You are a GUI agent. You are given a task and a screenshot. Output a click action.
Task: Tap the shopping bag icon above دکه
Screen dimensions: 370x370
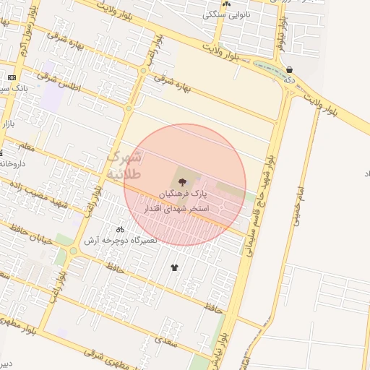pos(290,69)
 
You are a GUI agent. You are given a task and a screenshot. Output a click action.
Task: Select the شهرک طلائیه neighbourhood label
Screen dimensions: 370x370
pos(125,166)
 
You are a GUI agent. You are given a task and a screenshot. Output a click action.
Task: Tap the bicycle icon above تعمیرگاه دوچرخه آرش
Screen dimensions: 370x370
pos(120,229)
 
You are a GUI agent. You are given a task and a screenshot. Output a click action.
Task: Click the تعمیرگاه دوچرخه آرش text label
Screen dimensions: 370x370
pos(120,240)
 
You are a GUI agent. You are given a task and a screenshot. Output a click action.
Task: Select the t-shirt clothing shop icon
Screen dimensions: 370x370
pos(174,268)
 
